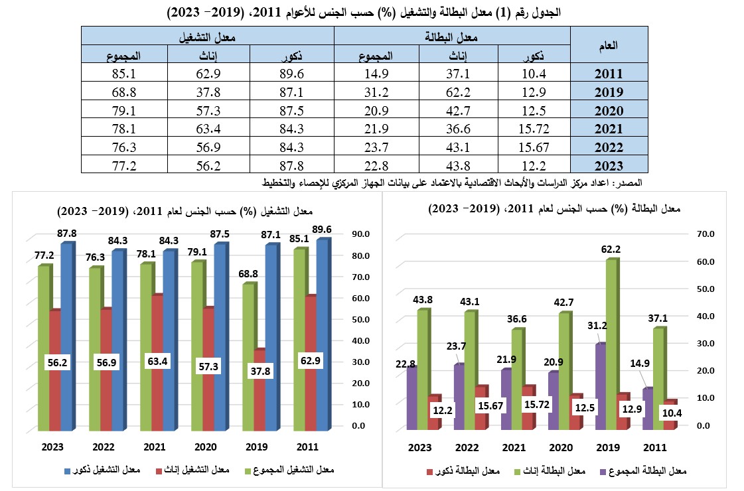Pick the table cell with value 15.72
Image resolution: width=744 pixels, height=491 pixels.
534,128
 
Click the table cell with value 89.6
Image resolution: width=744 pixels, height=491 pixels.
292,73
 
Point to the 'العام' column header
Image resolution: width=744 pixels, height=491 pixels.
609,45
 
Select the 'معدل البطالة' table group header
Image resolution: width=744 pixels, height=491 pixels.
452,36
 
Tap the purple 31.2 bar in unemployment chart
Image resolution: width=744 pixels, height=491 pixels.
601,386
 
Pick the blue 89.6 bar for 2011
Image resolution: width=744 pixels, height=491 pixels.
323,335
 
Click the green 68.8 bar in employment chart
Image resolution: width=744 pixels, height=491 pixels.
249,357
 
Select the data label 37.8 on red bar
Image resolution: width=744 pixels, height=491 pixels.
260,371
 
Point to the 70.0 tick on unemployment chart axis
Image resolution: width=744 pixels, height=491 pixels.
706,234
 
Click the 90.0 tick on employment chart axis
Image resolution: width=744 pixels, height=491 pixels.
360,234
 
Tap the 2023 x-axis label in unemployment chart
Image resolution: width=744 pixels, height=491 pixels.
420,447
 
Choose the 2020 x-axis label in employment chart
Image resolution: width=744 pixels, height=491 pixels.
206,447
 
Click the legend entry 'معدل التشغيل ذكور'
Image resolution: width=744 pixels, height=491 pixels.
102,470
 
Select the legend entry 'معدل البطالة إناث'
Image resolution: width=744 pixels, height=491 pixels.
550,471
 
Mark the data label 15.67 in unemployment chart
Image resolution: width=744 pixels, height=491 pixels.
490,405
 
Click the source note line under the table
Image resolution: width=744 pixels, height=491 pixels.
452,182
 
